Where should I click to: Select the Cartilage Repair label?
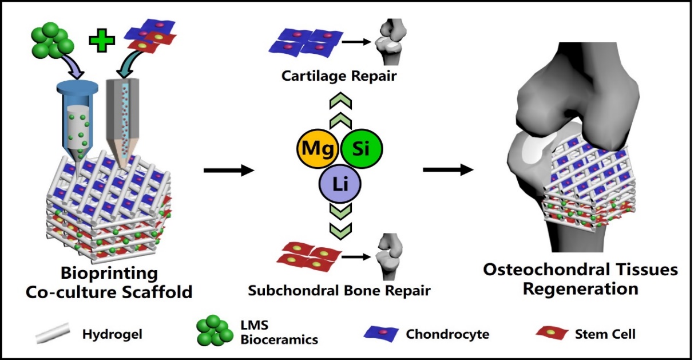pyautogui.click(x=339, y=77)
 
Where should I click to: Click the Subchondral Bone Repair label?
pyautogui.click(x=339, y=290)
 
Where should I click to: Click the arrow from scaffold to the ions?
pyautogui.click(x=229, y=169)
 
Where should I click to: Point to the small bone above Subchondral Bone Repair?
pyautogui.click(x=388, y=252)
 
